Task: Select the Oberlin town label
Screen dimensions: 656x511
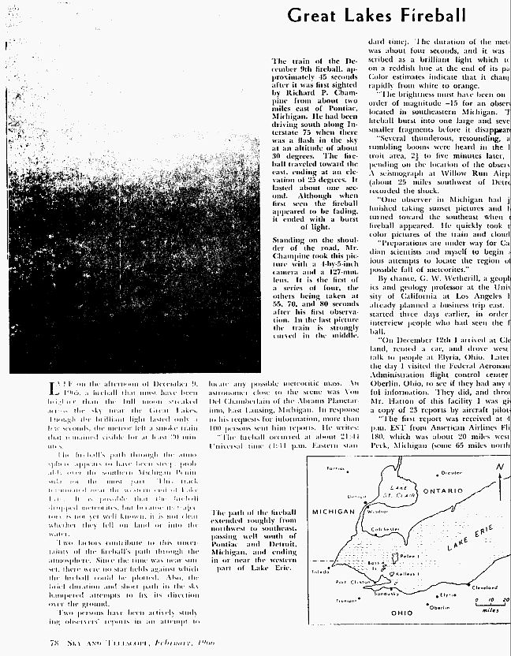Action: (x=439, y=607)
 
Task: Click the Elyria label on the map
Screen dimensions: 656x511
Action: (x=447, y=594)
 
